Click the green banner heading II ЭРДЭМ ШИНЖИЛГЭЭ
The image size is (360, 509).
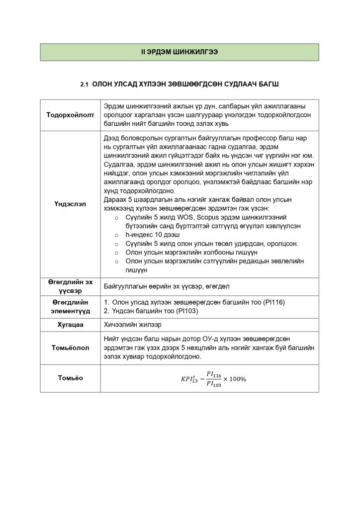tap(180, 52)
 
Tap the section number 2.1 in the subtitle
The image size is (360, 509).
tap(84, 85)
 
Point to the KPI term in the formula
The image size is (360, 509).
tap(189, 380)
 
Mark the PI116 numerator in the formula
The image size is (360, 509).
tap(214, 374)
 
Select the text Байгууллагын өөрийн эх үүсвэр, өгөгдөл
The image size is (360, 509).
tap(167, 286)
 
